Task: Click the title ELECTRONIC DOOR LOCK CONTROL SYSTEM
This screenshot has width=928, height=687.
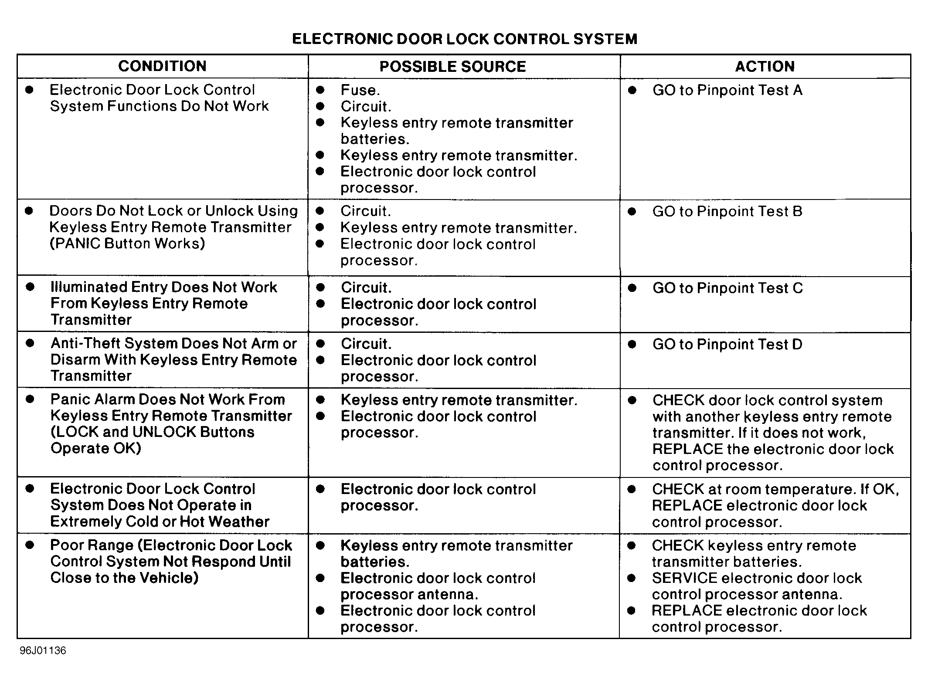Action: pyautogui.click(x=464, y=39)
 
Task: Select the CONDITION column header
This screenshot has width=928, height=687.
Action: pyautogui.click(x=162, y=66)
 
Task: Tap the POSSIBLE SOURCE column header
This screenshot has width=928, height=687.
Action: pyautogui.click(x=452, y=67)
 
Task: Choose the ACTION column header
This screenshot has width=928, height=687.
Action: pyautogui.click(x=765, y=66)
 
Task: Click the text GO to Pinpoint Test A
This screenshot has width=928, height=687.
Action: pyautogui.click(x=727, y=90)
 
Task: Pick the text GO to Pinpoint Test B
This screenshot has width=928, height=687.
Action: pyautogui.click(x=727, y=211)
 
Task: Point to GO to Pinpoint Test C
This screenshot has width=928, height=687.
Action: pyautogui.click(x=727, y=288)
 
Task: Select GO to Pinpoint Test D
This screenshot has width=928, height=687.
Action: pyautogui.click(x=727, y=344)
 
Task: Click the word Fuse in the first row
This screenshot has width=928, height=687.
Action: pyautogui.click(x=358, y=90)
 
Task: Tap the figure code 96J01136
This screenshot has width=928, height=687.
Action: pyautogui.click(x=43, y=650)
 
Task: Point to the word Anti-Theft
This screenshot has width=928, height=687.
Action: pyautogui.click(x=85, y=343)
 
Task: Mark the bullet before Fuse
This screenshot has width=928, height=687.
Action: pyautogui.click(x=320, y=90)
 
